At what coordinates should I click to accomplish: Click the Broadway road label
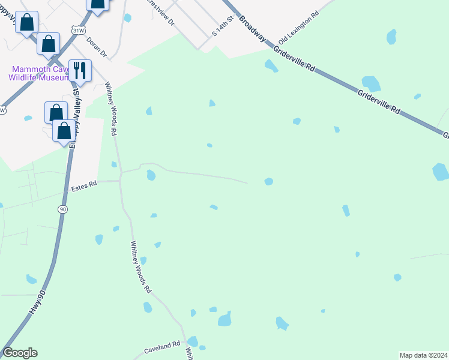[x=252, y=28]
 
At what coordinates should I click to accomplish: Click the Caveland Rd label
[x=162, y=346]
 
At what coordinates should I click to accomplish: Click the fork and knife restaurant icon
[x=80, y=70]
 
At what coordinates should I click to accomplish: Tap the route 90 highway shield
[x=62, y=209]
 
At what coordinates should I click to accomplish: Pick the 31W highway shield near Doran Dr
[x=77, y=30]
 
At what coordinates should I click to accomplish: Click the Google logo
[x=20, y=353]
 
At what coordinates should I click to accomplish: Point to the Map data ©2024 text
[x=423, y=355]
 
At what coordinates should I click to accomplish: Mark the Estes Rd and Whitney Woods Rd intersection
[x=121, y=179]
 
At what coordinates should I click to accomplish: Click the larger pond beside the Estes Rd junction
[x=151, y=175]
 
